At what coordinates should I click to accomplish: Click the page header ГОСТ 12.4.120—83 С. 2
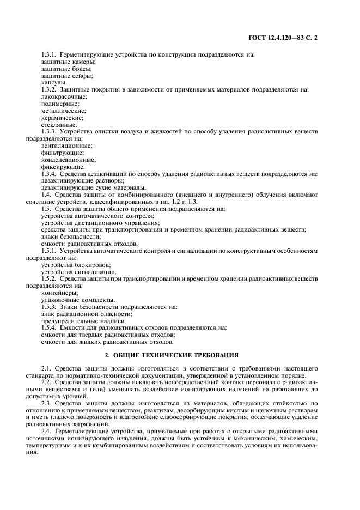(288, 39)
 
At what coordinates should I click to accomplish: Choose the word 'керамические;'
(62, 117)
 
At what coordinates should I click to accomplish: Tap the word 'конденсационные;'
(68, 160)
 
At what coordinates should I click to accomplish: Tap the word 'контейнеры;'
(59, 293)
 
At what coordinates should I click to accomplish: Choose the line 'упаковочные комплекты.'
(78, 300)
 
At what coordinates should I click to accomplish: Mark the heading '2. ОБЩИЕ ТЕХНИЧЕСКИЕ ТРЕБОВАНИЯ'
(180, 355)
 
